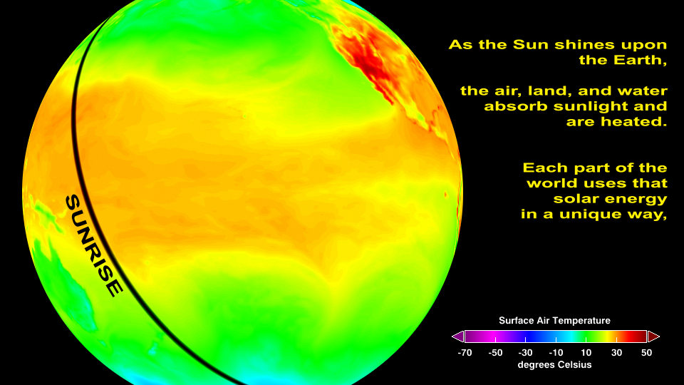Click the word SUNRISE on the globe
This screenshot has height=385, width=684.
point(94,246)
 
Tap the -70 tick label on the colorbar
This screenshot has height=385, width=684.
point(465,353)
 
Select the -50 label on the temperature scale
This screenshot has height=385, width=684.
point(496,353)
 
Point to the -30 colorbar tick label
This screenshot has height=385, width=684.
point(526,353)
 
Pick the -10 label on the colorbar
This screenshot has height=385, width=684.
point(556,353)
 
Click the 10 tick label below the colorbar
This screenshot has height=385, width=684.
point(586,353)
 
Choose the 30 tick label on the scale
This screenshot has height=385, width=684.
point(616,353)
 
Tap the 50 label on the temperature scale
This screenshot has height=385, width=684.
point(646,353)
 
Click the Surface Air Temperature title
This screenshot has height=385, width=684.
point(554,321)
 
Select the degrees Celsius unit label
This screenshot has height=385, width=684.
point(554,365)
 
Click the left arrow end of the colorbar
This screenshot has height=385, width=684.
point(457,337)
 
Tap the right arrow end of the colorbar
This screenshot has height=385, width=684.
point(653,337)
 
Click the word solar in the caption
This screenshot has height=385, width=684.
point(576,199)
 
